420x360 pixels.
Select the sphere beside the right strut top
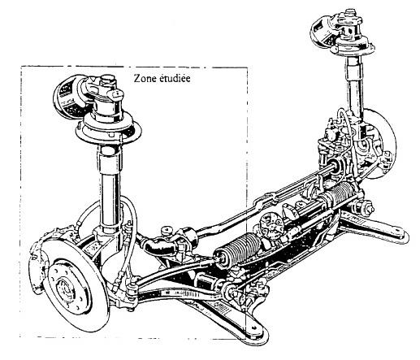324,30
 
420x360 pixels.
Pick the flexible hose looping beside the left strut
130,238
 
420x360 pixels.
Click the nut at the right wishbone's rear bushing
369,208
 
